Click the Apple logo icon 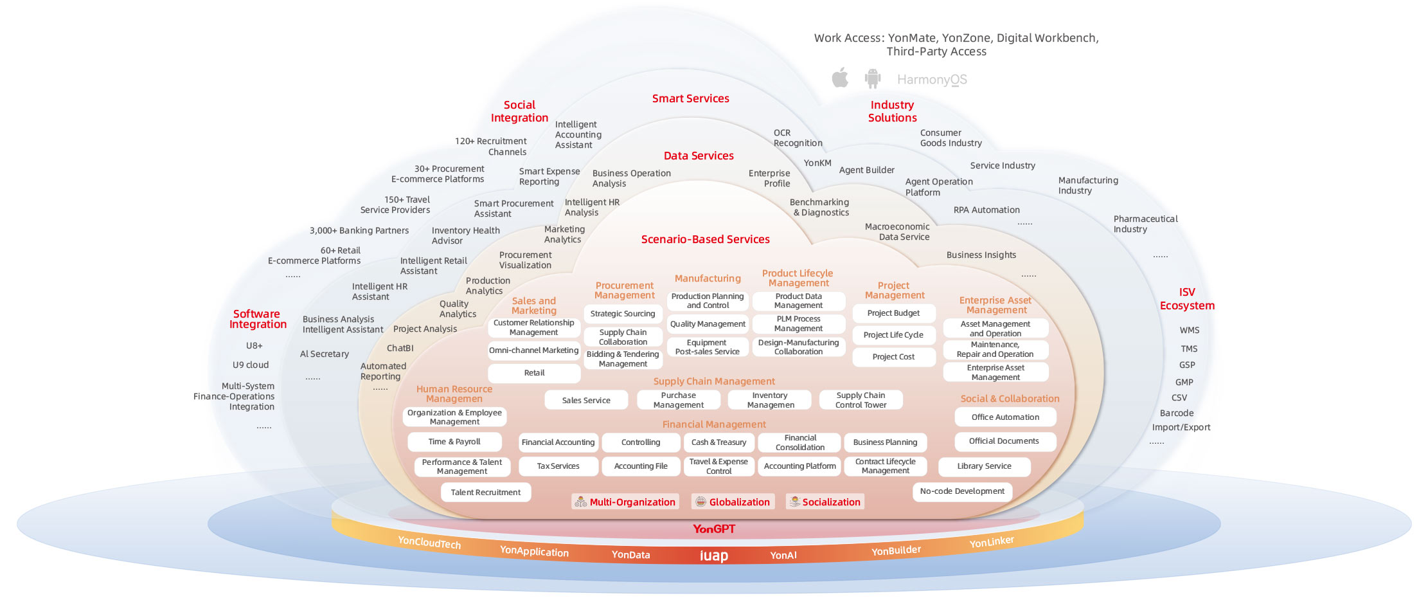tap(840, 78)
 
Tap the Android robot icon tap(872, 78)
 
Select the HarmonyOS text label tap(932, 80)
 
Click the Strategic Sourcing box tap(623, 314)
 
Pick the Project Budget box tap(893, 313)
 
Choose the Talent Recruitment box tap(486, 493)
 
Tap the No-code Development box tap(962, 491)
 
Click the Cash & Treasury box tap(718, 442)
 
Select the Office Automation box tap(1005, 417)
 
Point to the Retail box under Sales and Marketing tap(534, 373)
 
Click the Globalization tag tap(733, 502)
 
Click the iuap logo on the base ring tap(713, 556)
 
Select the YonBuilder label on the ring tap(896, 550)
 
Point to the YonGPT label tap(713, 529)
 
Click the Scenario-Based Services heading tap(705, 239)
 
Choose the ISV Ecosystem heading tap(1187, 299)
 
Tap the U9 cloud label tap(251, 365)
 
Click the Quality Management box tap(708, 324)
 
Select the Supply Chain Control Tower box tap(861, 400)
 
